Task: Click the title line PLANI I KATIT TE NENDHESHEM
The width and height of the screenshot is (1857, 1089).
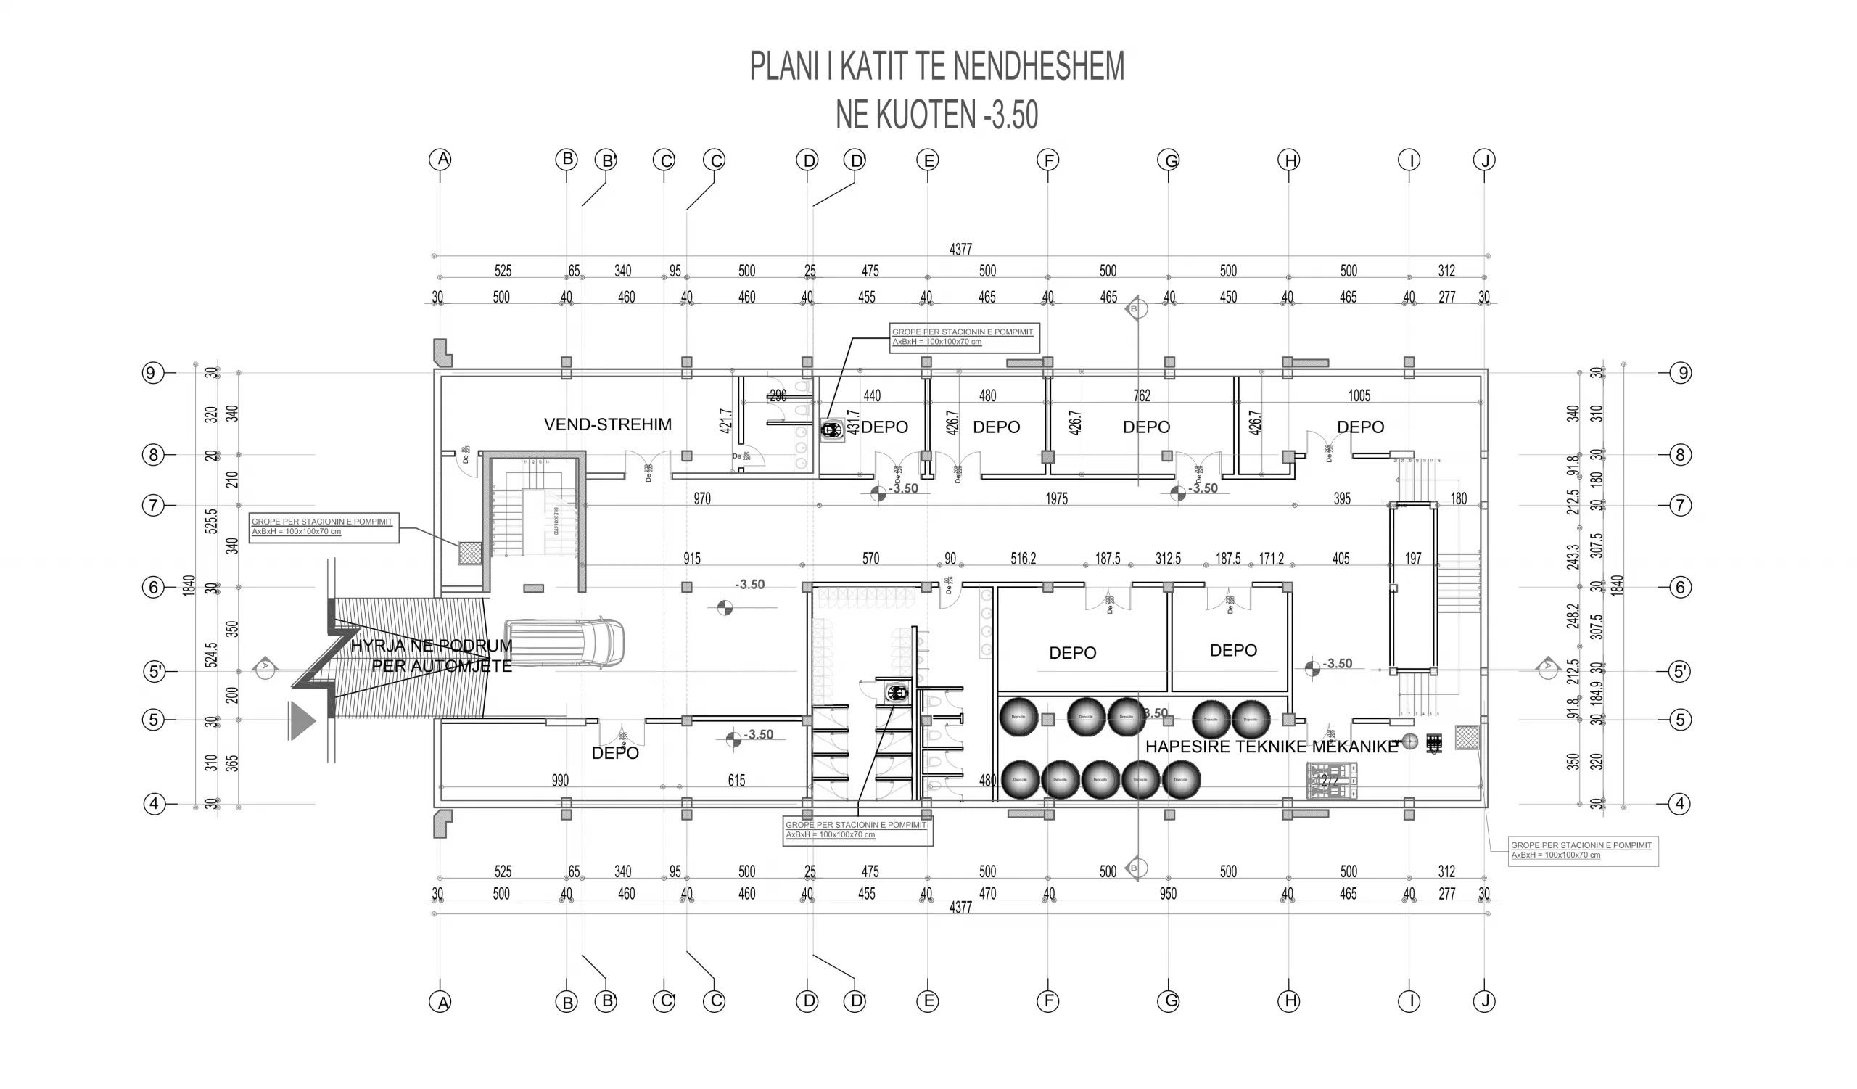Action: pos(936,66)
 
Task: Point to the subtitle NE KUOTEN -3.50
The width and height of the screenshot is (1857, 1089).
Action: pos(936,115)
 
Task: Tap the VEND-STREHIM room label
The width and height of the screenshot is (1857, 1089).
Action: pos(607,424)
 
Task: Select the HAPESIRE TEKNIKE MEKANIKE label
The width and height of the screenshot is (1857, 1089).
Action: pos(1271,747)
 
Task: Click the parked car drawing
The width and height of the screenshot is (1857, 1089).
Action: pos(564,644)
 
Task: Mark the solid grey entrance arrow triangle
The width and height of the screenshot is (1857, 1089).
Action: pos(302,720)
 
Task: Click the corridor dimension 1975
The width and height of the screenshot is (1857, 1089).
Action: pos(1056,499)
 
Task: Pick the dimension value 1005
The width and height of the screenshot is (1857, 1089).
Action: pos(1359,395)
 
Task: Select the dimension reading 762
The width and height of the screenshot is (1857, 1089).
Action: pos(1142,395)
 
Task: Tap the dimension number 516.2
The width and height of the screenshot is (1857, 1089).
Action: pos(1023,559)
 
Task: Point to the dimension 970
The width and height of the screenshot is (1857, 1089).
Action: pos(701,499)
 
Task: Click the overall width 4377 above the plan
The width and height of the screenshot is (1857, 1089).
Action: pos(960,250)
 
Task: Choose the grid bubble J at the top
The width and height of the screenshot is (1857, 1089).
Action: pos(1484,160)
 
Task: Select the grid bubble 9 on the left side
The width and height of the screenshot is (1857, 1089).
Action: pos(152,373)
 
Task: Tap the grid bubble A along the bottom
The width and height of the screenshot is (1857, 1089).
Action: pos(440,1002)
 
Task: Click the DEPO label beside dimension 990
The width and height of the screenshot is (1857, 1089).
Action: pos(614,753)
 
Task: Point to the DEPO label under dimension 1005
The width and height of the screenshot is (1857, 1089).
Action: pos(1359,427)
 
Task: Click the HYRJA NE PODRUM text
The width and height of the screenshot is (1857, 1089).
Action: pos(431,646)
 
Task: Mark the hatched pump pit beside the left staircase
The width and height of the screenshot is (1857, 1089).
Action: pos(470,553)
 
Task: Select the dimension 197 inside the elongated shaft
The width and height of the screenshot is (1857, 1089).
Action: pos(1412,559)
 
